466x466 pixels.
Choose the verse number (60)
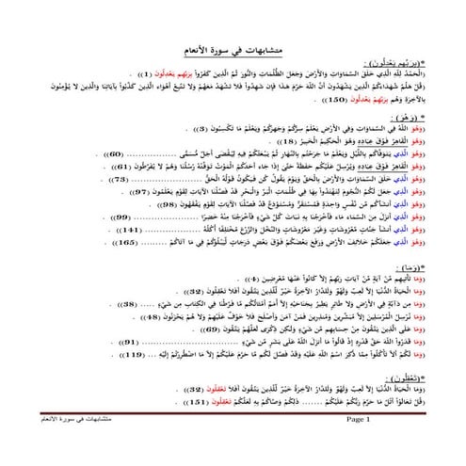tap(112, 153)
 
